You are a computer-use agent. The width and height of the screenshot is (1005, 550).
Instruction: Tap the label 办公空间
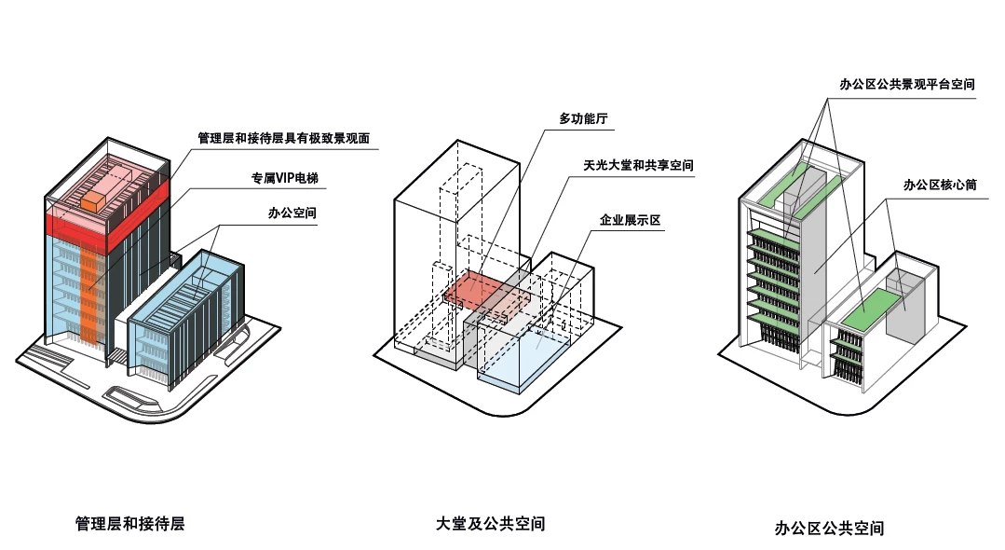[x=292, y=213]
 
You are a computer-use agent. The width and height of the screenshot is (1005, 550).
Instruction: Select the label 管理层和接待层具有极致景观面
[x=284, y=139]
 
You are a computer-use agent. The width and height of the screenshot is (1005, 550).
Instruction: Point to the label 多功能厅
[x=584, y=119]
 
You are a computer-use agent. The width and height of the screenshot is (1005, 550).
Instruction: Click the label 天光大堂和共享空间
[x=639, y=166]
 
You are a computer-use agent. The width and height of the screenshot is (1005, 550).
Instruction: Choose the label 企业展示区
[x=630, y=221]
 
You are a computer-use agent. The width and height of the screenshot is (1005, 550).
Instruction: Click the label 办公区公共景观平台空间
[x=907, y=84]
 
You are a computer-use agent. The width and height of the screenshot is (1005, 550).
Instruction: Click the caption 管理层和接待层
[x=130, y=524]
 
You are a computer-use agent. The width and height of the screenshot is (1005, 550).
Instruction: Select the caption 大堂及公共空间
[x=491, y=524]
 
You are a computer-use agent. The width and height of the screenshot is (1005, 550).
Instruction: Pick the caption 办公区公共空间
[x=829, y=529]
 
